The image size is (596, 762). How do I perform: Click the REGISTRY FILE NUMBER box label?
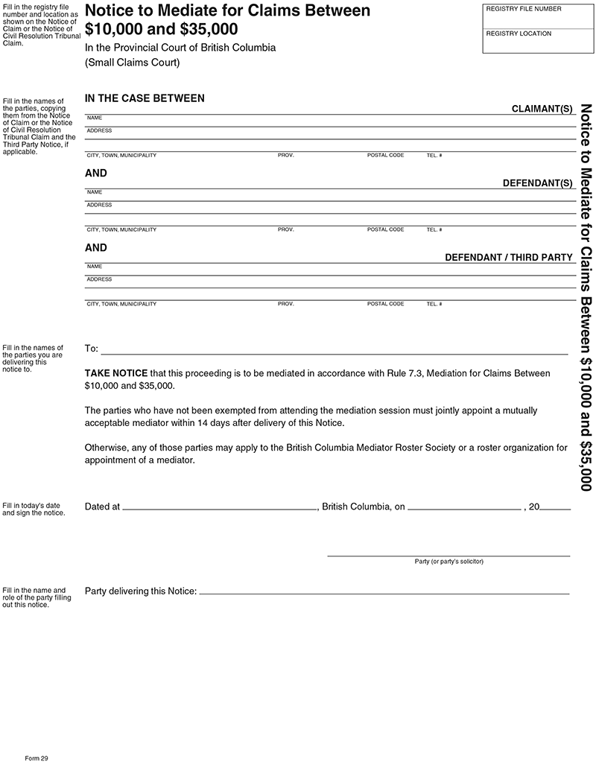pyautogui.click(x=523, y=9)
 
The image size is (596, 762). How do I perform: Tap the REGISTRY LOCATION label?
pyautogui.click(x=519, y=34)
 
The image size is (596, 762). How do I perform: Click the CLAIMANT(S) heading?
pyautogui.click(x=542, y=109)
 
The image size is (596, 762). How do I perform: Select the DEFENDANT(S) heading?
pyautogui.click(x=537, y=183)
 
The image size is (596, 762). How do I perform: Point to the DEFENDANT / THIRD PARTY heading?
pyautogui.click(x=508, y=258)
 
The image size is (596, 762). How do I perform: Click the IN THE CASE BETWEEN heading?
pyautogui.click(x=145, y=98)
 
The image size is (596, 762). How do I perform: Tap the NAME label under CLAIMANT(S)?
pyautogui.click(x=95, y=118)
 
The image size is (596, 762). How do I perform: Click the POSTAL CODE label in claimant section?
pyautogui.click(x=385, y=155)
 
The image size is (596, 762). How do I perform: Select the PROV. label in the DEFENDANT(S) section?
pyautogui.click(x=286, y=229)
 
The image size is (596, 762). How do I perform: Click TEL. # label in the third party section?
pyautogui.click(x=434, y=304)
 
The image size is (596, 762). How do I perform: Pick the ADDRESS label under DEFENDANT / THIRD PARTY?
pyautogui.click(x=99, y=279)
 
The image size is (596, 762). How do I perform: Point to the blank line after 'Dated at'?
pyautogui.click(x=219, y=508)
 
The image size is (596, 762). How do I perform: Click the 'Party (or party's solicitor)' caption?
pyautogui.click(x=448, y=561)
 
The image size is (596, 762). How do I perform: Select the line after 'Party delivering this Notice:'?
pyautogui.click(x=384, y=592)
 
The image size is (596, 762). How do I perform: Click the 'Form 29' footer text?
pyautogui.click(x=36, y=757)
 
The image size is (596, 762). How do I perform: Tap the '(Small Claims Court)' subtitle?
pyautogui.click(x=132, y=63)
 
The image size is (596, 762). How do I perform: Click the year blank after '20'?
pyautogui.click(x=556, y=508)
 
